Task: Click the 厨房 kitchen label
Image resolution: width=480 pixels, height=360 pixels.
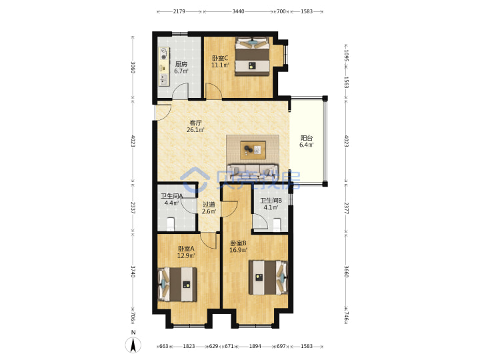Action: (181, 64)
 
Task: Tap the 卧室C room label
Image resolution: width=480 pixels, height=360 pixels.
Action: (220, 58)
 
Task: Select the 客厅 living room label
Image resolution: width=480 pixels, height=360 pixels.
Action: (195, 123)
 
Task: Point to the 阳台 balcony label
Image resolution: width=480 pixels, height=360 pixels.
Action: (307, 138)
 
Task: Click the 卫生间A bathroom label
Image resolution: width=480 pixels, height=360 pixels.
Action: (172, 196)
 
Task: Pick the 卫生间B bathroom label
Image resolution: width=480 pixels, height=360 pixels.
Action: (271, 201)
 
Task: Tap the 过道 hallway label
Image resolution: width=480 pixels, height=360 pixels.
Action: (209, 204)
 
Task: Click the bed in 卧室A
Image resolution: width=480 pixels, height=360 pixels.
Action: (177, 285)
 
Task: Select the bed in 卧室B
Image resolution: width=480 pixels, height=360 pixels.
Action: (269, 277)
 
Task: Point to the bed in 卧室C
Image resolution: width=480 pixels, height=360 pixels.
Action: (253, 56)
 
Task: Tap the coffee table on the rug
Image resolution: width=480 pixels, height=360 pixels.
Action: (253, 150)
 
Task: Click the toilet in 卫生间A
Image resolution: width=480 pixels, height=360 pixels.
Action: (171, 224)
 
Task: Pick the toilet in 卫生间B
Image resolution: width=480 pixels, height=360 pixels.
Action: (277, 225)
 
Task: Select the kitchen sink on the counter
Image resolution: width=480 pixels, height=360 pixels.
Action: (164, 79)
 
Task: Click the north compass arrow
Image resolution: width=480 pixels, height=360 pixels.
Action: (133, 345)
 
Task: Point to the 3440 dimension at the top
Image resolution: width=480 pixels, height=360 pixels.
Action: (238, 11)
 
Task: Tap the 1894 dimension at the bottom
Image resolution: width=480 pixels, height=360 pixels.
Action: (255, 346)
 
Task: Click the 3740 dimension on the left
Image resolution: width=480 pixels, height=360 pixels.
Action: (133, 271)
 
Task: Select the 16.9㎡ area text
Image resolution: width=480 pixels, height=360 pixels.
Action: (239, 250)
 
